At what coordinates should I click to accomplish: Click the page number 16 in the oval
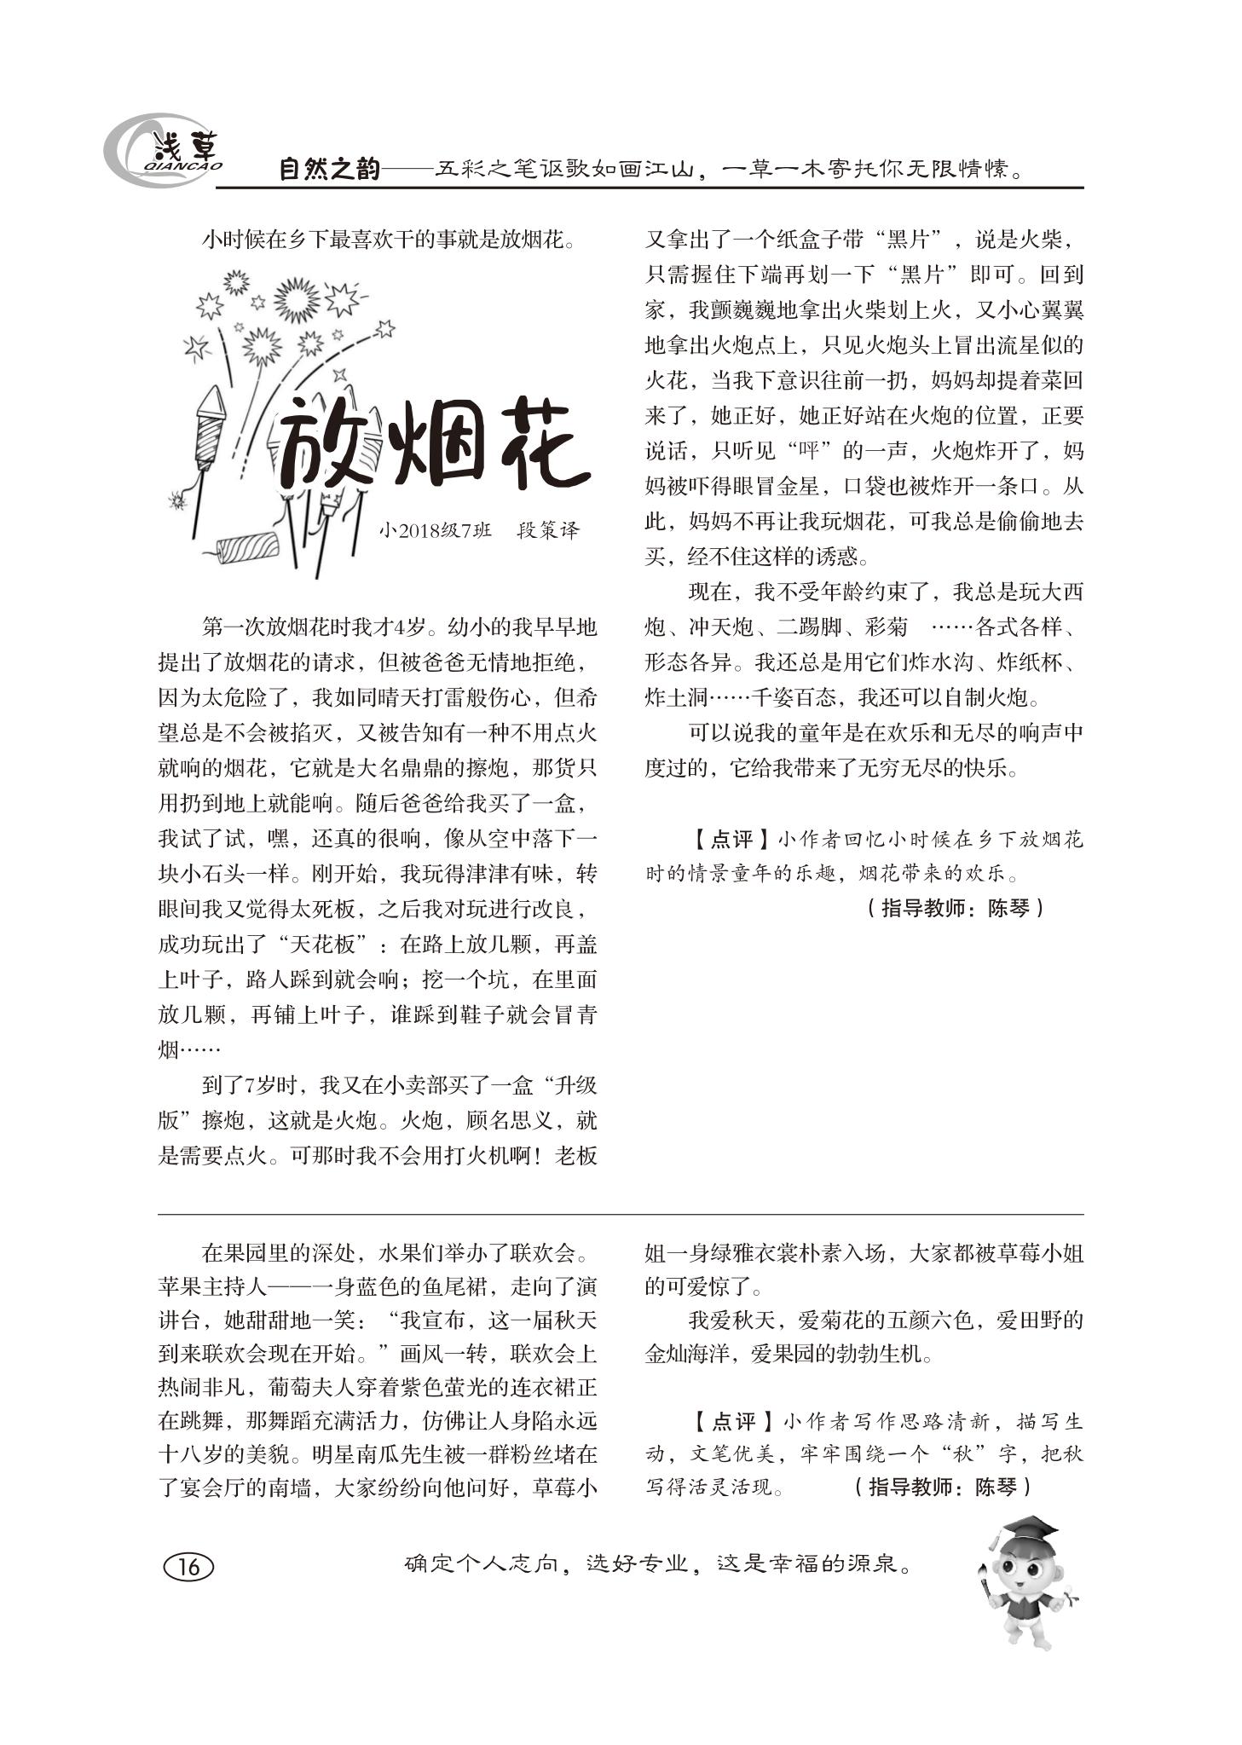pyautogui.click(x=188, y=1566)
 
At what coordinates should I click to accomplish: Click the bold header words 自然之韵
pyautogui.click(x=329, y=170)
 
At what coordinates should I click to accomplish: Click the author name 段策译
pyautogui.click(x=548, y=530)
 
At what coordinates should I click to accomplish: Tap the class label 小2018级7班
pyautogui.click(x=436, y=530)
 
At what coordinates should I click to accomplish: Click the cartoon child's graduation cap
pyautogui.click(x=1031, y=1526)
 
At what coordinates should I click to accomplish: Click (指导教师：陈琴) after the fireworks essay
pyautogui.click(x=955, y=907)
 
